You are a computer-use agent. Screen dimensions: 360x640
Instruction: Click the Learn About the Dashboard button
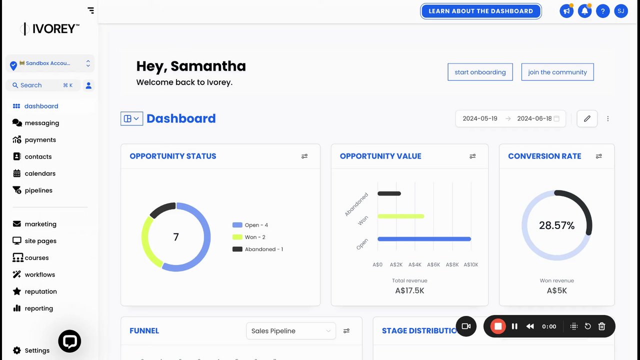[480, 11]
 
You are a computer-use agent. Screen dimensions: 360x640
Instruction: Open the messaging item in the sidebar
[41, 123]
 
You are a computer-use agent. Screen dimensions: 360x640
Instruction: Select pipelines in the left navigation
[38, 190]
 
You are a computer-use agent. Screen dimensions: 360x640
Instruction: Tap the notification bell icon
[584, 11]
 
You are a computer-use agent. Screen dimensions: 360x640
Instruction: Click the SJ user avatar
[620, 11]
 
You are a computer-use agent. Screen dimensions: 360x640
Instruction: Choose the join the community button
[557, 72]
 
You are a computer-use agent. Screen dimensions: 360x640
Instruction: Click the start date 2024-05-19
[479, 118]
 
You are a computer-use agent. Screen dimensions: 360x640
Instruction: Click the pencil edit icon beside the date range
[587, 118]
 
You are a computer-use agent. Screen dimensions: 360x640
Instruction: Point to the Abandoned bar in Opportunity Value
[389, 193]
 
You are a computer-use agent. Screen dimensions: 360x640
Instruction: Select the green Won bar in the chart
[400, 216]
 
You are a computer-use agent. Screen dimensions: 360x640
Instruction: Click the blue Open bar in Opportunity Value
[424, 239]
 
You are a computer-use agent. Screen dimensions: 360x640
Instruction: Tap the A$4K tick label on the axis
[415, 264]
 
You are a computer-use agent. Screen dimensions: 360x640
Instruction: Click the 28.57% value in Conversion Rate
[556, 225]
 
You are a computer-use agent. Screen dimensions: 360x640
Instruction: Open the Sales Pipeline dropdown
[290, 331]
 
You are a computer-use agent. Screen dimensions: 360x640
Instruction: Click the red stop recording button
[498, 326]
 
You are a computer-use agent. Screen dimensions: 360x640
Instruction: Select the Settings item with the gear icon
[36, 350]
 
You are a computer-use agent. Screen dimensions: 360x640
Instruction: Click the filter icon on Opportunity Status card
[304, 156]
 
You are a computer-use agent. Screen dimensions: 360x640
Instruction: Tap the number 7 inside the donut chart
[176, 237]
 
